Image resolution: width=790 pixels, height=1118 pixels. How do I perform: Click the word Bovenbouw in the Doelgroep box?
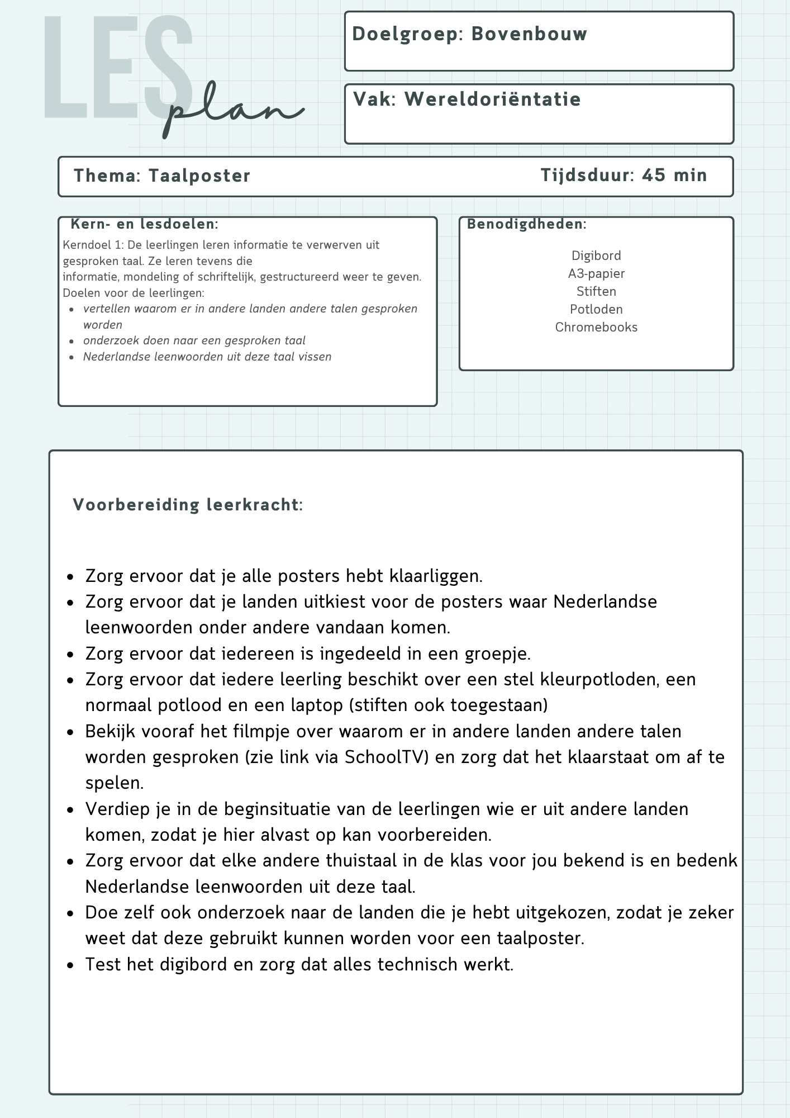tap(529, 34)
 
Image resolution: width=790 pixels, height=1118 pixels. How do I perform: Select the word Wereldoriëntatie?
tap(492, 100)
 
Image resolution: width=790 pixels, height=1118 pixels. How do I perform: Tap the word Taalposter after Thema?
tap(199, 176)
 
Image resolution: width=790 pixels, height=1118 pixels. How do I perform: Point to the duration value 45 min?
tap(674, 176)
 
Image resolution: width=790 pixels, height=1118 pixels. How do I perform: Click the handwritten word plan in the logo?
tap(235, 112)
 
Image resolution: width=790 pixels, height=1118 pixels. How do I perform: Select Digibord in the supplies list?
tap(596, 255)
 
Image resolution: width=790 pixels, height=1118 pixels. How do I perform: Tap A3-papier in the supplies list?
tap(596, 273)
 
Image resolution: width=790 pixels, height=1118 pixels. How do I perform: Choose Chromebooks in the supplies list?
tap(596, 327)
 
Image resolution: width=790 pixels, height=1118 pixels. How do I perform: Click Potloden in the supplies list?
tap(596, 309)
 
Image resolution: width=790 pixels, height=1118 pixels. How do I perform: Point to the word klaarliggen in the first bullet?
tap(435, 576)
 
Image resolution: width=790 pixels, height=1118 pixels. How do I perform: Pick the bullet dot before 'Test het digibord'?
tap(70, 965)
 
